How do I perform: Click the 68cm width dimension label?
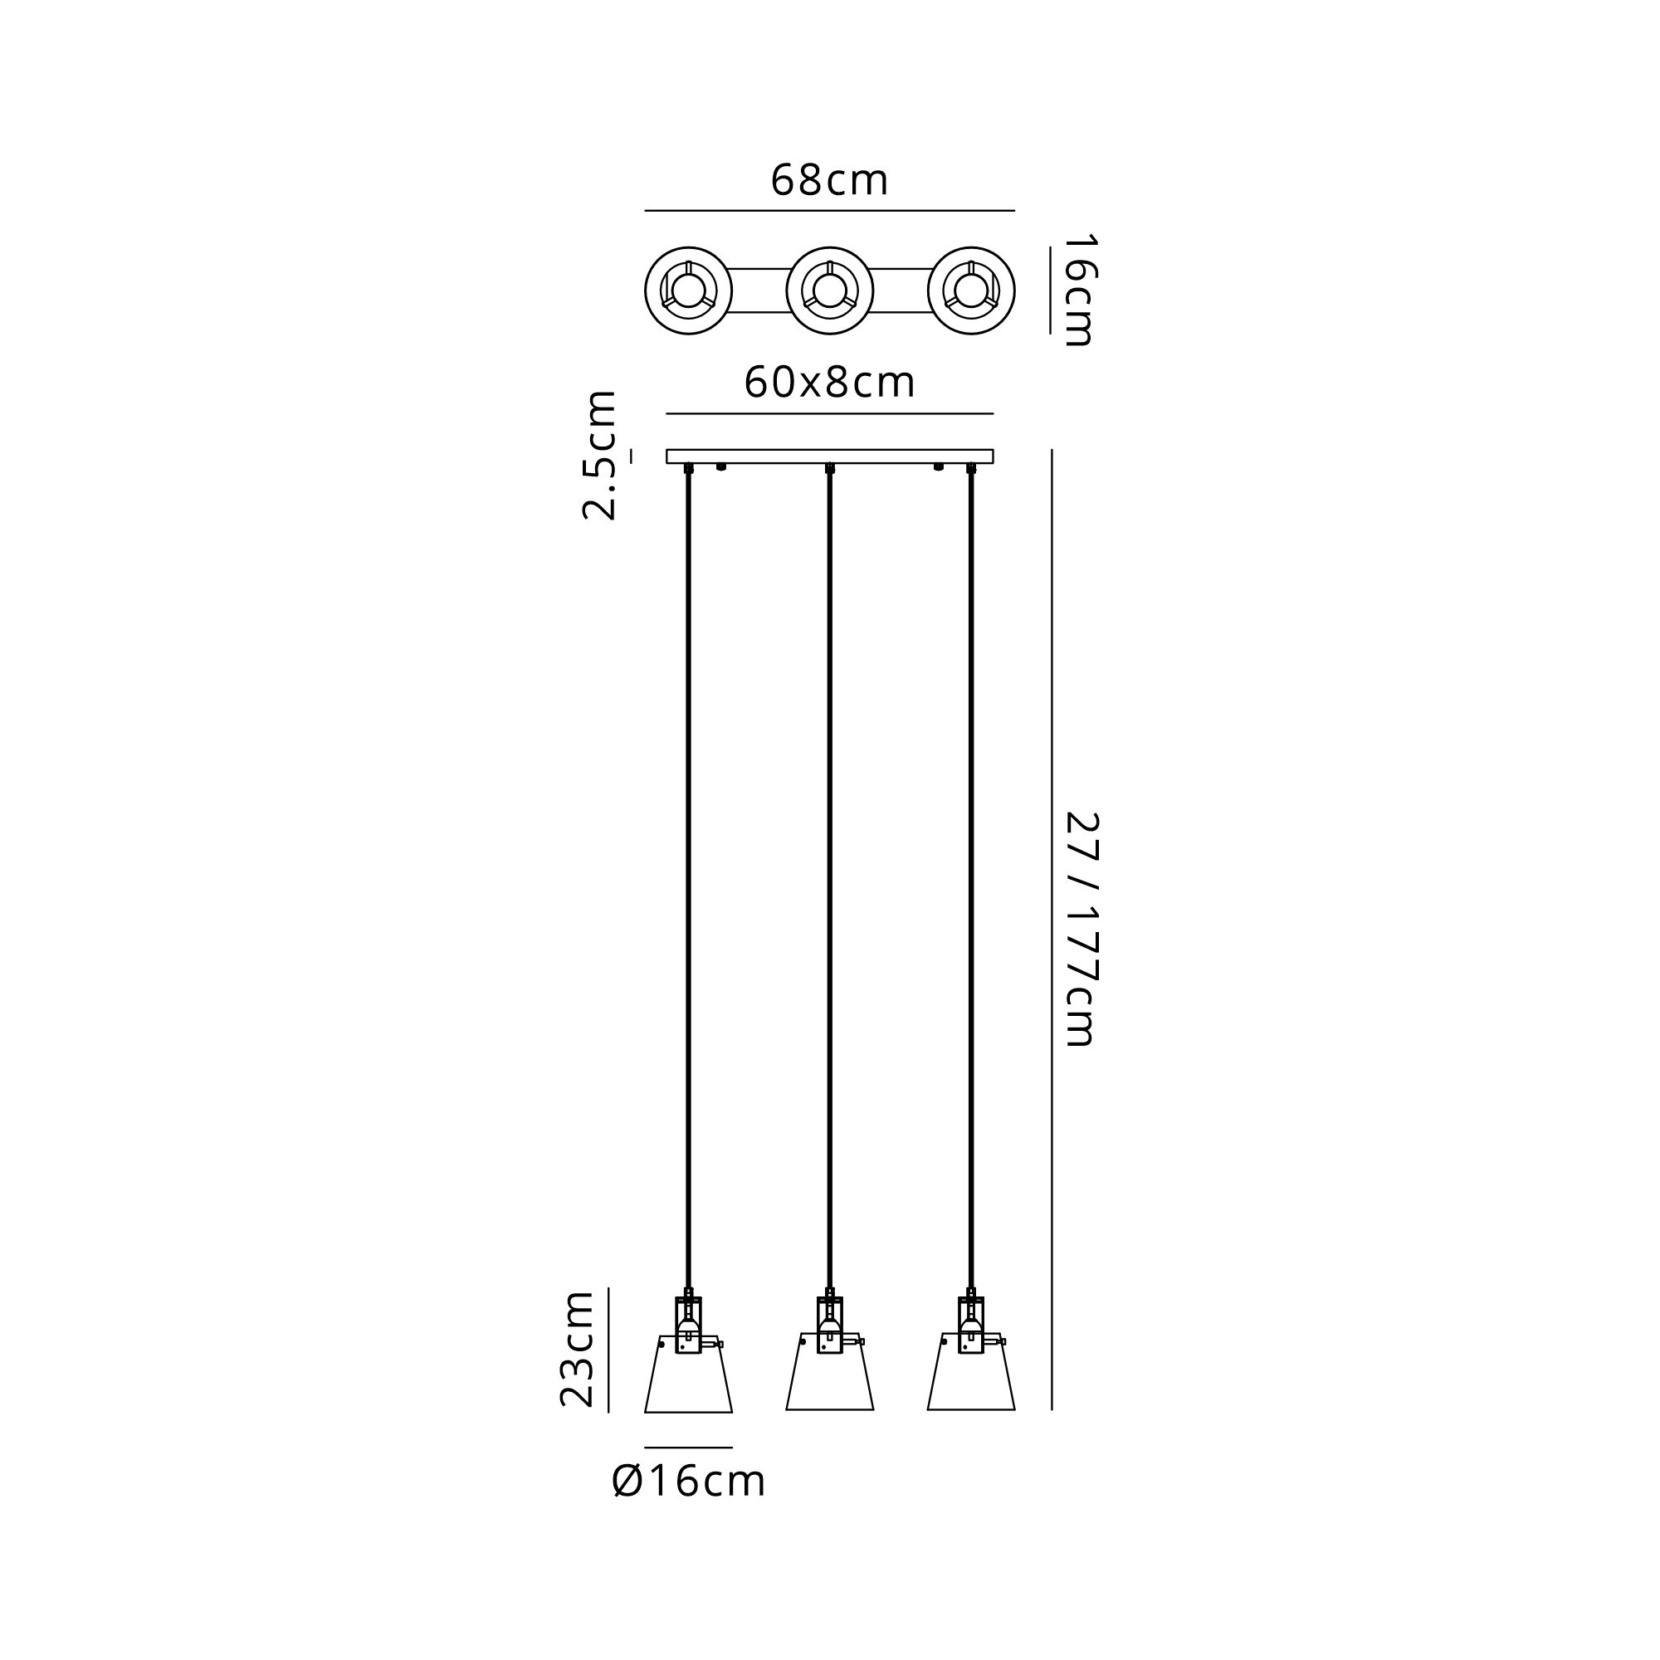pos(829,180)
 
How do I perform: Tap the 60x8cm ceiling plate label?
pos(829,383)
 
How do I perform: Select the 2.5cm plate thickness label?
pos(600,456)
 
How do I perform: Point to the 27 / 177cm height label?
pos(1081,929)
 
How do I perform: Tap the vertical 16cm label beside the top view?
pos(1079,290)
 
